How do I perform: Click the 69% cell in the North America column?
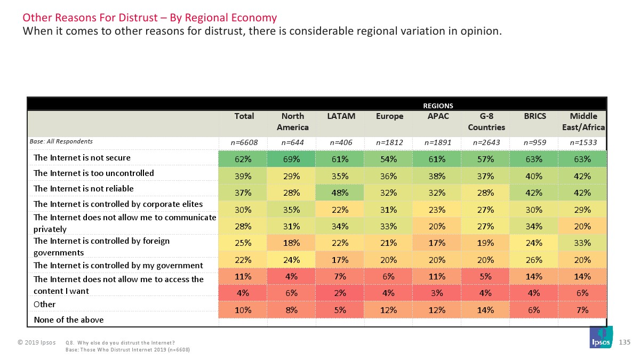pos(292,158)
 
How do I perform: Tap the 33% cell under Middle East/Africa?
pos(582,243)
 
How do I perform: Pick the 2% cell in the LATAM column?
pos(340,292)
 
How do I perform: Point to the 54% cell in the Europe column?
pos(389,158)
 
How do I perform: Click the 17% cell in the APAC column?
pos(437,243)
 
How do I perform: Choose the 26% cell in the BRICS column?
pos(534,260)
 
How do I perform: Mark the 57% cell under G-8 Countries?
pos(485,158)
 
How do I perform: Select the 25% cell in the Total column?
pos(244,243)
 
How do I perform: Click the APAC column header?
pos(437,116)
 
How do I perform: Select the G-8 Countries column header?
pos(485,122)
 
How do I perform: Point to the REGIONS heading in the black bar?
pos(438,106)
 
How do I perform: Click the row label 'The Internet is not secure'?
pos(82,158)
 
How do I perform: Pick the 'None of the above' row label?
pos(69,320)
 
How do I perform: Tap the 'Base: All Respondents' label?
pos(60,141)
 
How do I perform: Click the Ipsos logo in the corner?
pos(601,339)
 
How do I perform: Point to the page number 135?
pos(627,341)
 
